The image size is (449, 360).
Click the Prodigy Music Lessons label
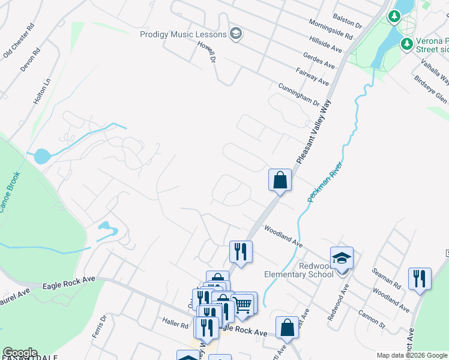pos(183,34)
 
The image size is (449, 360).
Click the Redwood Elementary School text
pos(299,270)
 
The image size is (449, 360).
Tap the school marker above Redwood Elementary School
pos(342,259)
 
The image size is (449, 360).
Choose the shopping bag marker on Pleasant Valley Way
pos(280,180)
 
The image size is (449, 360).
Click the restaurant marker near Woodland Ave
pos(241,252)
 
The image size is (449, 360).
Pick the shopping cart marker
pos(244,304)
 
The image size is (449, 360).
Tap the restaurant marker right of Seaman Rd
pos(420,279)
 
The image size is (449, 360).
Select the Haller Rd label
pos(175,323)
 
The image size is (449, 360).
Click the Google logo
pos(20,353)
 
